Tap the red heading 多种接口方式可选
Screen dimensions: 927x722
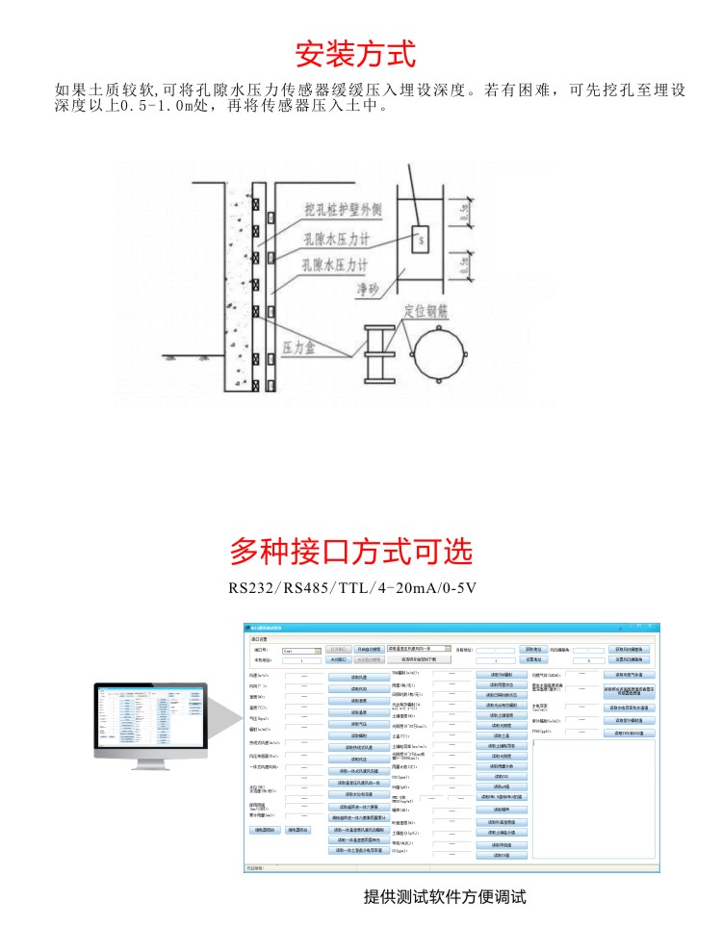pyautogui.click(x=351, y=552)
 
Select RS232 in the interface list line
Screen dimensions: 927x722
pyautogui.click(x=252, y=587)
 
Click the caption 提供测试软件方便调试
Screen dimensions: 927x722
pyautogui.click(x=445, y=896)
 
